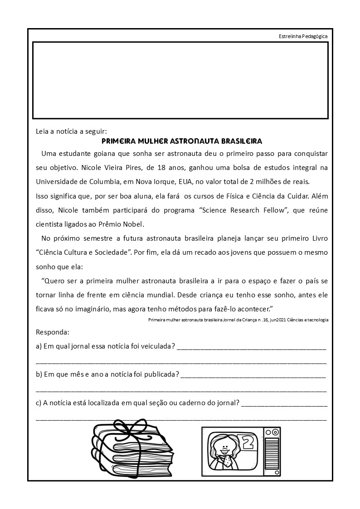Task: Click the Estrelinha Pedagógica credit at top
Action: pyautogui.click(x=303, y=36)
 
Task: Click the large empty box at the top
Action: pyautogui.click(x=180, y=80)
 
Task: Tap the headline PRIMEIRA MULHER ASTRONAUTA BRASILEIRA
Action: pyautogui.click(x=182, y=141)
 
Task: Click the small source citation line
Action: pyautogui.click(x=238, y=320)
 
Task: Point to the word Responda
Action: pyautogui.click(x=52, y=332)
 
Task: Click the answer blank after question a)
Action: pyautogui.click(x=252, y=347)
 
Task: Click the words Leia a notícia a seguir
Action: pyautogui.click(x=71, y=131)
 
